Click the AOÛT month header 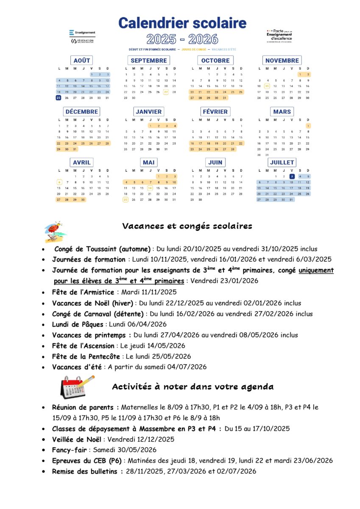pyautogui.click(x=81, y=61)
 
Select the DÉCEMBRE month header pyautogui.click(x=81, y=112)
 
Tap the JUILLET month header pyautogui.click(x=282, y=162)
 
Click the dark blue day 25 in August pyautogui.click(x=59, y=98)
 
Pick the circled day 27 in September pyautogui.click(x=166, y=92)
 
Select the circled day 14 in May pyautogui.click(x=150, y=188)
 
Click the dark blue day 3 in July pyautogui.click(x=292, y=176)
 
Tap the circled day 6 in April pyautogui.click(x=59, y=182)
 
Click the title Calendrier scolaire pyautogui.click(x=182, y=23)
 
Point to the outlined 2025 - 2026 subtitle pyautogui.click(x=182, y=39)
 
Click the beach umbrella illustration pyautogui.click(x=54, y=231)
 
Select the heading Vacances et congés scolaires pyautogui.click(x=187, y=226)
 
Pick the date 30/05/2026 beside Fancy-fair pyautogui.click(x=125, y=450)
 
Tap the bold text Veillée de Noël pyautogui.click(x=76, y=439)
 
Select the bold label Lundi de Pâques pyautogui.click(x=78, y=324)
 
